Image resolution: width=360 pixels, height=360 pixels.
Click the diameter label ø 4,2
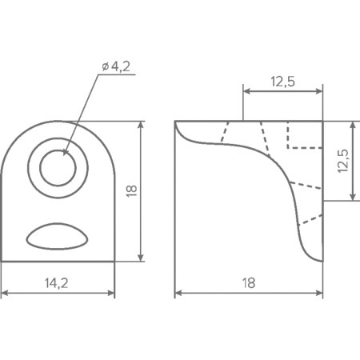[x=116, y=66]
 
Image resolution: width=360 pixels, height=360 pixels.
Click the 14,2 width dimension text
[x=56, y=283]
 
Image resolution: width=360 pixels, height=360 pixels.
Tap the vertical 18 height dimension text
[x=131, y=190]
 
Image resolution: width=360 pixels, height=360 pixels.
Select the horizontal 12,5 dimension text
[x=283, y=82]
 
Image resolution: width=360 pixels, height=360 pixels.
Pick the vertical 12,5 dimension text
[x=343, y=161]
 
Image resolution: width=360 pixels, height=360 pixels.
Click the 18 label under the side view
[x=249, y=283]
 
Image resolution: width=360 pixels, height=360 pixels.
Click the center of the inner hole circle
[x=58, y=168]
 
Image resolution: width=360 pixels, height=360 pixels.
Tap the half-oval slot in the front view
[x=57, y=237]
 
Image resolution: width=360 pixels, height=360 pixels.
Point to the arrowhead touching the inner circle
[x=66, y=152]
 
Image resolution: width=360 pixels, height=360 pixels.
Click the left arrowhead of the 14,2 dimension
[x=5, y=293]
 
